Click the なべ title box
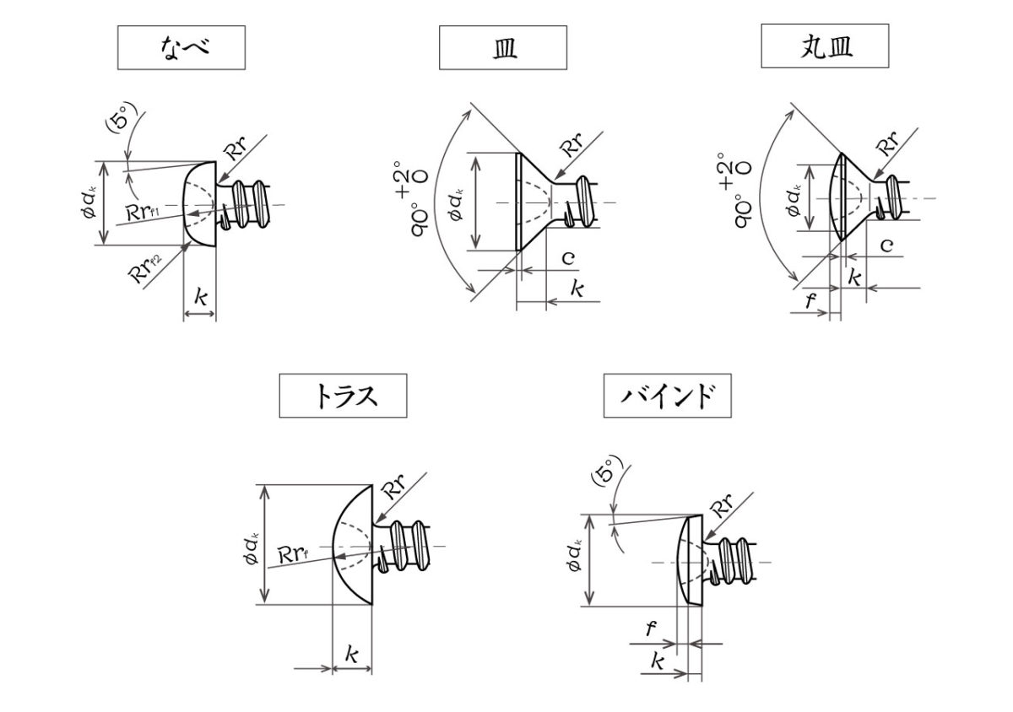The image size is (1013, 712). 181,47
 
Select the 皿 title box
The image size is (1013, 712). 503,47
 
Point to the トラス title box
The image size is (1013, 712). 343,396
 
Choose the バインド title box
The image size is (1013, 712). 667,396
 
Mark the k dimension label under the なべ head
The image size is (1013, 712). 200,297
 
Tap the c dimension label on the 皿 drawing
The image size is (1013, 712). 568,258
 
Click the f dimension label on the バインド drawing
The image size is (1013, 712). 650,628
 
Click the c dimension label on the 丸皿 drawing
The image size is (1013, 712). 886,245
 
